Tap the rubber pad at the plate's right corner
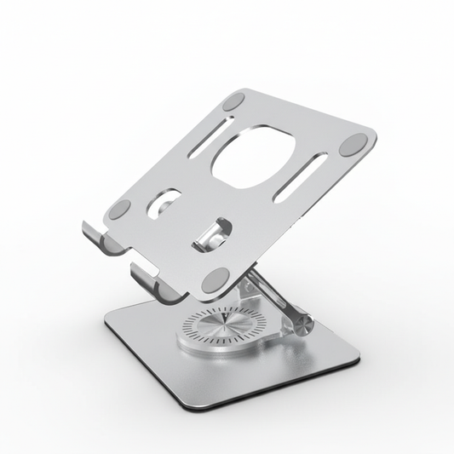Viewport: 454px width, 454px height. [351, 147]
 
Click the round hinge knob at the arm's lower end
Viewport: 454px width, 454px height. [305, 323]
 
